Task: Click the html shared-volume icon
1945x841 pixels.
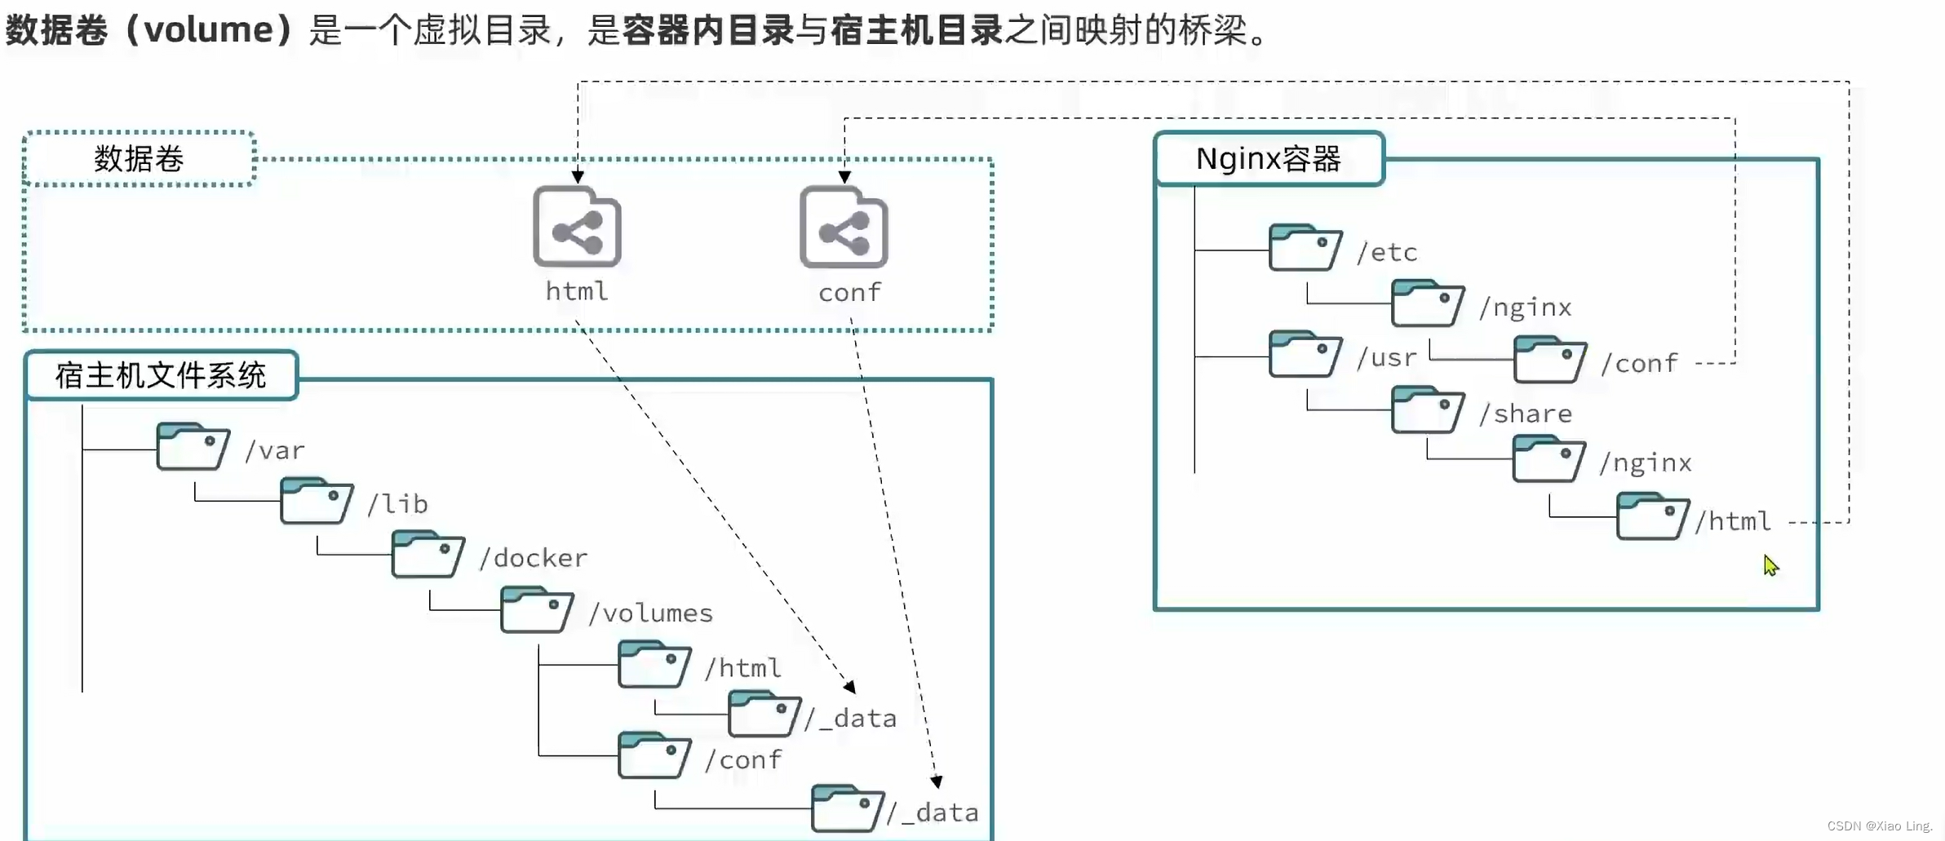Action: pos(577,228)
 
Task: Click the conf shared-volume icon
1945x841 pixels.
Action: pos(844,228)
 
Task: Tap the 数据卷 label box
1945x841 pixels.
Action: pos(139,158)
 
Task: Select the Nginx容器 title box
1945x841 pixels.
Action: pos(1269,158)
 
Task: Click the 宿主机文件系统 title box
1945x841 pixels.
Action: pos(161,375)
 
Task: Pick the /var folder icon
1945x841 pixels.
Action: pos(193,446)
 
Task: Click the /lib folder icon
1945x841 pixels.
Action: pos(316,501)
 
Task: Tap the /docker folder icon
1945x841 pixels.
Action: pos(428,555)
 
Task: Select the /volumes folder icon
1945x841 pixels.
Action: pos(536,609)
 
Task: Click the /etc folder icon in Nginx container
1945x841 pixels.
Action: pos(1305,247)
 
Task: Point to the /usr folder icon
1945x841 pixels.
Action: pos(1305,354)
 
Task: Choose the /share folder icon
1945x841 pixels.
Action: pos(1427,409)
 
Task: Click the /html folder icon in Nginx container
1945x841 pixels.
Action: pos(1652,516)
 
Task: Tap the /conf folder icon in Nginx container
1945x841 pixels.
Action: pos(1549,360)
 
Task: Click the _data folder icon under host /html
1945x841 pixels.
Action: pos(764,714)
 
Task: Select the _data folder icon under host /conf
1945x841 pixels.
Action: pos(847,808)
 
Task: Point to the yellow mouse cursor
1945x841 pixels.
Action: pos(1770,564)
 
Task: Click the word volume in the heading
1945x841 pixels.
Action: pos(209,30)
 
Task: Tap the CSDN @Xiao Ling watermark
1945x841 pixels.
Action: pos(1880,826)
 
